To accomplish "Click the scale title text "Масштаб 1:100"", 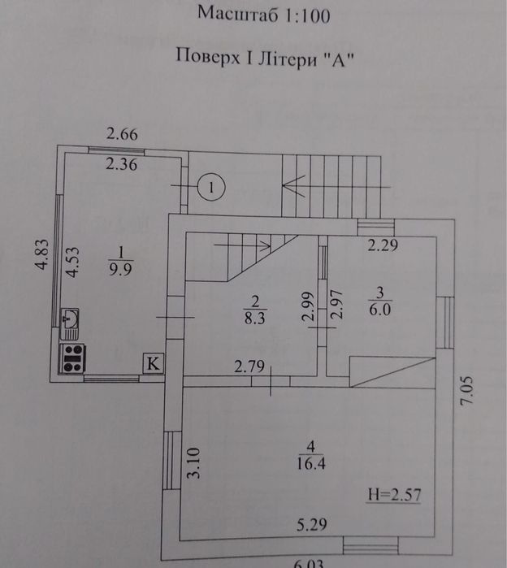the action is [263, 15].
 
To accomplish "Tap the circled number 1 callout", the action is [211, 187].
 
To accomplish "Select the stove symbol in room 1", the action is [72, 358].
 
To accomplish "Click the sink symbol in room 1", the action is [70, 323].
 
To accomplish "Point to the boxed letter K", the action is [154, 362].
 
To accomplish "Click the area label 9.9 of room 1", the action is [121, 269].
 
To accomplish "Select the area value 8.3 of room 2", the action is [255, 318].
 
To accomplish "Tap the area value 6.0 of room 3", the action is [380, 310].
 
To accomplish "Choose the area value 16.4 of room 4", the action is [311, 463].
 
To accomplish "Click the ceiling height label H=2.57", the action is [394, 495].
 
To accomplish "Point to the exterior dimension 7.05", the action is [466, 390].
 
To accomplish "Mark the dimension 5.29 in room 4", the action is [311, 524].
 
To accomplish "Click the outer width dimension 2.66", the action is [122, 134].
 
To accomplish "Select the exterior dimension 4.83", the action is [42, 254].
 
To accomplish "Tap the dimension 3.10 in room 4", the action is [193, 463].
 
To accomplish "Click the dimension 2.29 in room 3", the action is [383, 245].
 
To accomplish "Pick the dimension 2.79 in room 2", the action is [249, 366].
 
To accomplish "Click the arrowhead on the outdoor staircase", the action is [293, 186].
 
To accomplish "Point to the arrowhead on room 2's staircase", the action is [266, 245].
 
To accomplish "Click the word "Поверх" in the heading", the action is [208, 57].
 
